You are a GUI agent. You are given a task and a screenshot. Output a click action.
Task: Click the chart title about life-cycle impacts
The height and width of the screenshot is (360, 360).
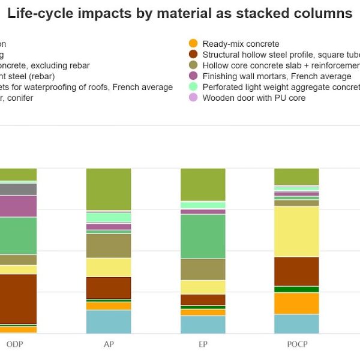tap(180, 13)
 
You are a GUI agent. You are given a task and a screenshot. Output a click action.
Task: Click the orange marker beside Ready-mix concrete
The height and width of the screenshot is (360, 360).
tap(193, 44)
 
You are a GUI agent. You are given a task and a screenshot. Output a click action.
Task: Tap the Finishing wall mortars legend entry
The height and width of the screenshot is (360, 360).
tap(277, 76)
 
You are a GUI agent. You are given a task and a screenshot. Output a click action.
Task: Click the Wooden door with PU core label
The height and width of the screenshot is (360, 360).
tap(254, 98)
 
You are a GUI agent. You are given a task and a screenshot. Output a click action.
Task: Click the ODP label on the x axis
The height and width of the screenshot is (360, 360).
tap(15, 345)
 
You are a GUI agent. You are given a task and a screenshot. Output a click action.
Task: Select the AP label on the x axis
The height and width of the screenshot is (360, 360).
tap(109, 345)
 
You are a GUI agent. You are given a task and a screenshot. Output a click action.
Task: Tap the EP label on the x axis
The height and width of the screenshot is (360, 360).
tap(203, 345)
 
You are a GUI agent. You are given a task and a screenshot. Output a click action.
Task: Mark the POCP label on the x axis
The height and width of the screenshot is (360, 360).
tap(296, 345)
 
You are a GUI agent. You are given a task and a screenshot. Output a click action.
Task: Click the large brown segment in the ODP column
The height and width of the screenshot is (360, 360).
tap(18, 299)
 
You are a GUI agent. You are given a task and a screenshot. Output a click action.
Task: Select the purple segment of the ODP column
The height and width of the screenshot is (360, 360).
tap(18, 206)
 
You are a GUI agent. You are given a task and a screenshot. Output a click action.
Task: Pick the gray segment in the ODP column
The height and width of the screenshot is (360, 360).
tap(18, 189)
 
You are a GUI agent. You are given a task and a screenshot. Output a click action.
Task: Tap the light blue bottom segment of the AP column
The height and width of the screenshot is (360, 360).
tap(109, 322)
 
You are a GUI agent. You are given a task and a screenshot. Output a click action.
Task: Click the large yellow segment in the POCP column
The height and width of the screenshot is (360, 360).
tap(296, 231)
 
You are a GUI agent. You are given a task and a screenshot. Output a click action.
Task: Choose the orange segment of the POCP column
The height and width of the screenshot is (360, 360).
tap(296, 303)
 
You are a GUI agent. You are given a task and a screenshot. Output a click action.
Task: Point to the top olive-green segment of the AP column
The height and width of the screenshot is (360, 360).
tap(109, 189)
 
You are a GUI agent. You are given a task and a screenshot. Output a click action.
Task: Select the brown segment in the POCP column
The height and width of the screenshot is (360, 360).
tap(296, 271)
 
